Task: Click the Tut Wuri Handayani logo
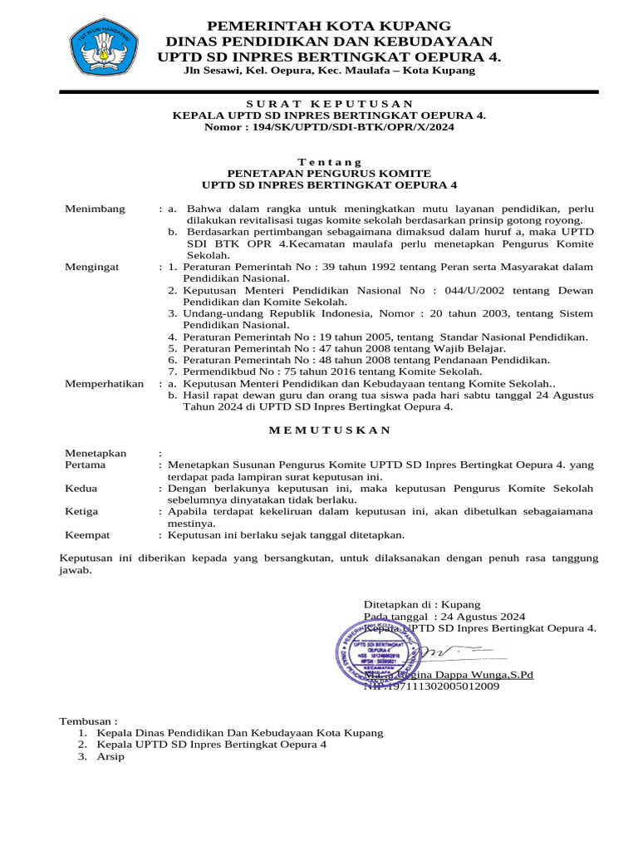click(x=103, y=48)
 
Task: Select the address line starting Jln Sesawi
click(x=329, y=71)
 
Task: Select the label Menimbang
click(x=96, y=209)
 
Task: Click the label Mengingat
click(x=92, y=267)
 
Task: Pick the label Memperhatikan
click(x=105, y=384)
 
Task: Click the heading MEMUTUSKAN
click(x=329, y=430)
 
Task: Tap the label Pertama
click(x=86, y=465)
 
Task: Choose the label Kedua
click(x=81, y=489)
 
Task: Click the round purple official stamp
click(x=375, y=650)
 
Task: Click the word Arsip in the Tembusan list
click(x=110, y=757)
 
